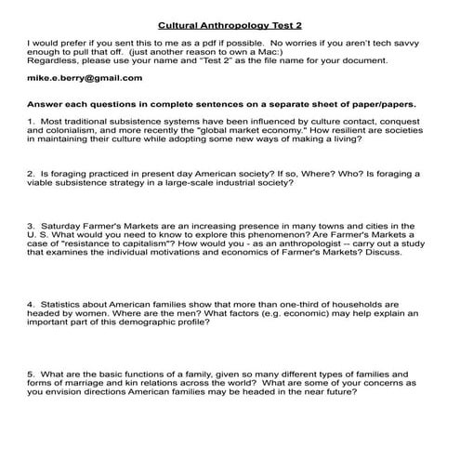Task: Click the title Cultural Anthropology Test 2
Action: pyautogui.click(x=230, y=26)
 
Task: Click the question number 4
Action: pyautogui.click(x=31, y=304)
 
